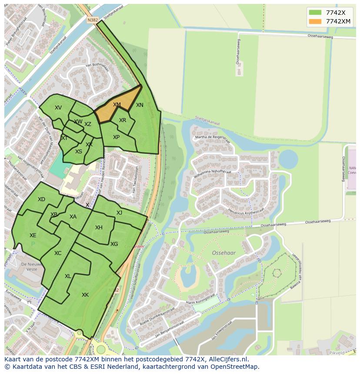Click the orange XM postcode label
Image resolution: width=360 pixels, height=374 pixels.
[x=117, y=105]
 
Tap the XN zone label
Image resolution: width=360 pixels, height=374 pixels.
[x=140, y=105]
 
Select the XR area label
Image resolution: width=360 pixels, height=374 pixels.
[x=123, y=120]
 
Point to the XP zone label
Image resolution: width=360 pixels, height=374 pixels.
[x=116, y=137]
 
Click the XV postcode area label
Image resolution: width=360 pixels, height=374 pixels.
[x=58, y=108]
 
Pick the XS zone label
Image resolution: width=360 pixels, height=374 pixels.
[x=79, y=152]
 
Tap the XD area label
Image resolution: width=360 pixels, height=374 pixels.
[x=41, y=199]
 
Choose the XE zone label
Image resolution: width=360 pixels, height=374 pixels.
[x=33, y=235]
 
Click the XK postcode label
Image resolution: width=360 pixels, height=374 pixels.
[x=85, y=295]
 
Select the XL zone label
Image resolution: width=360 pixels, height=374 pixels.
[x=68, y=276]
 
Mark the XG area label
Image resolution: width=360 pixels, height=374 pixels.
[x=114, y=244]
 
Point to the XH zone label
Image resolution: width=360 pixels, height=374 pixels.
[x=99, y=228]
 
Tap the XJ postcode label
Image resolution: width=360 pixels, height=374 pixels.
[x=119, y=212]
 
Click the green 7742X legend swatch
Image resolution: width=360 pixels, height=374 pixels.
[x=315, y=12]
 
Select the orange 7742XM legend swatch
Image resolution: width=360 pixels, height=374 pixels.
[x=315, y=21]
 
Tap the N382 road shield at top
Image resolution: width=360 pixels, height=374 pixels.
[x=92, y=20]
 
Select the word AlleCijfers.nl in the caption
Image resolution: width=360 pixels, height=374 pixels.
[x=228, y=359]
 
